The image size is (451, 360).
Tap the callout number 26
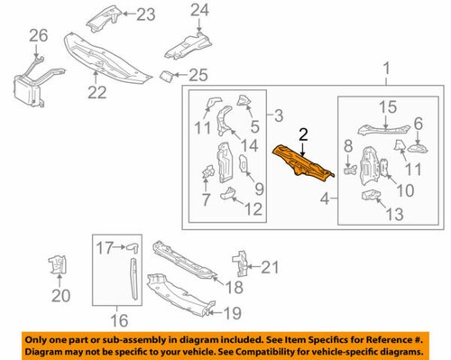coord(37,36)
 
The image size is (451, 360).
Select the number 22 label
coord(96,91)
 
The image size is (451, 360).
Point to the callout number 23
coord(144,14)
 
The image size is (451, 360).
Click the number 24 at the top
coord(199,11)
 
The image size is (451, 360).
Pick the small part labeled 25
coord(169,75)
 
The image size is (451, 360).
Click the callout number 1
coord(389,69)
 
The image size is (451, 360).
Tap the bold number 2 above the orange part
coord(303,134)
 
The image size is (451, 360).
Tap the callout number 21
coord(270,266)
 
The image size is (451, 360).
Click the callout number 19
coord(232,313)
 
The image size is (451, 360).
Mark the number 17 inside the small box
coord(106,245)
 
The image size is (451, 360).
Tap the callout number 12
coord(253,210)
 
